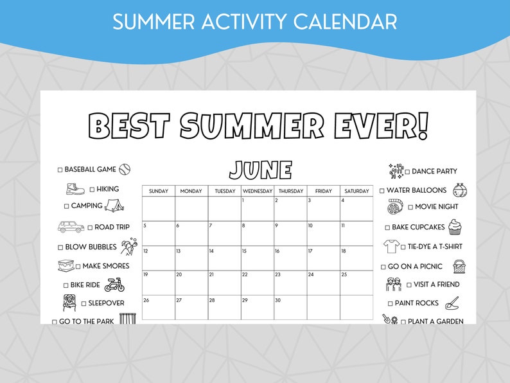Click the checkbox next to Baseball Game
coord(60,170)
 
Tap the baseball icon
coord(125,169)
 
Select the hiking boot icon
coord(75,189)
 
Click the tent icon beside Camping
coord(114,206)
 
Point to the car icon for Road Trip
coord(71,227)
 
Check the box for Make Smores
coord(78,266)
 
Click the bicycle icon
coord(114,285)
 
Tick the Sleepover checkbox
coord(83,303)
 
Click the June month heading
coord(261,170)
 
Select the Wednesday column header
coord(257,191)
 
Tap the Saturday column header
coord(356,191)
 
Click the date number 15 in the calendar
coord(244,251)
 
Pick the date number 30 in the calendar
coord(278,300)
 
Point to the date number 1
coord(243,200)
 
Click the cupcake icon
coord(455,226)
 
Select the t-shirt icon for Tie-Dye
coord(391,246)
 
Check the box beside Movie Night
coord(410,207)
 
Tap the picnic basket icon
coord(460,265)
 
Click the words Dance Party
coord(434,172)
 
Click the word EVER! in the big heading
coord(381,126)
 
